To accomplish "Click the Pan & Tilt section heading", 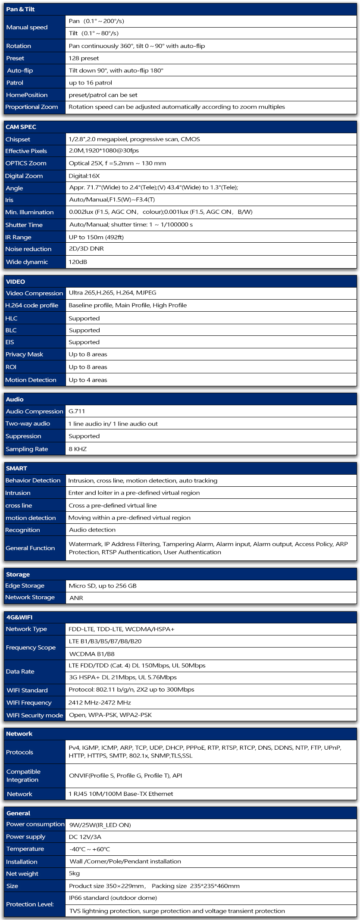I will (20, 9).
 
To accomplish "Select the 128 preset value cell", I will (84, 58).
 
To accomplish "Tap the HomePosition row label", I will (27, 95).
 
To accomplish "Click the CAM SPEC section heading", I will (21, 127).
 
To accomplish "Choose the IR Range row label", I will (18, 237).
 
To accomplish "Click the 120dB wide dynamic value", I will (78, 262).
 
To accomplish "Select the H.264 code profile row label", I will (31, 305).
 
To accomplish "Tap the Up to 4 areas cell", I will (88, 380).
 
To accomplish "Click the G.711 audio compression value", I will (77, 411).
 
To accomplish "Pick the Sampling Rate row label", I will (27, 449).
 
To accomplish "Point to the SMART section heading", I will (16, 468).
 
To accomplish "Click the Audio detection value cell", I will (92, 530).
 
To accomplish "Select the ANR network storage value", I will (76, 598).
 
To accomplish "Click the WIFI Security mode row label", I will (34, 715).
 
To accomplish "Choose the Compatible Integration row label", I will (23, 776).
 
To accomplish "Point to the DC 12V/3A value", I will (85, 837).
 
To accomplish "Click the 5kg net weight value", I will (74, 873).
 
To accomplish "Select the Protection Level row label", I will (30, 904).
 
